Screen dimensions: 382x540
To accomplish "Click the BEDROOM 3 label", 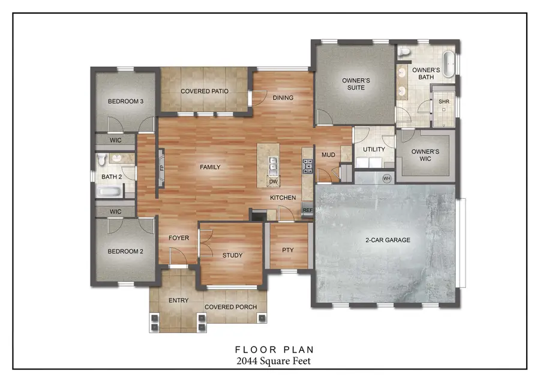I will (x=125, y=102).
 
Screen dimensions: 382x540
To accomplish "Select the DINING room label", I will (x=283, y=98).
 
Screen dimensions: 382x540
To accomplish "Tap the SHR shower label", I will (x=444, y=102).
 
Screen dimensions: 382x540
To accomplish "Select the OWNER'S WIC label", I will (x=425, y=155).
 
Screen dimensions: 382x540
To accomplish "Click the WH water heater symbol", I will (x=386, y=178).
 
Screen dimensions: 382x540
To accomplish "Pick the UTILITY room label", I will (x=374, y=150).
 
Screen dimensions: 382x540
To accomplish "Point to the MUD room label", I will (x=328, y=155).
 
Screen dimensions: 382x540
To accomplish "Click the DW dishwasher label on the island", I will (x=273, y=181).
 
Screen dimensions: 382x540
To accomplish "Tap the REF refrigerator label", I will (x=307, y=210).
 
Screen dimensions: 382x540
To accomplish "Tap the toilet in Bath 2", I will (x=102, y=160).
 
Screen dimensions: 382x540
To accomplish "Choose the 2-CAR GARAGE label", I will (x=388, y=240).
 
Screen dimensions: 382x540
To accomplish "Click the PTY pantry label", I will (x=287, y=250).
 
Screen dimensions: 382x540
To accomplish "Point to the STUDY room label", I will (x=232, y=255).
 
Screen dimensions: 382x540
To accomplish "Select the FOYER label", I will (x=178, y=238).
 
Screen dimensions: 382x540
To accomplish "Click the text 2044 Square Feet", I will (x=274, y=361).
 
